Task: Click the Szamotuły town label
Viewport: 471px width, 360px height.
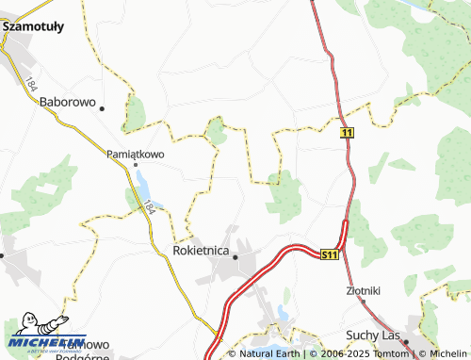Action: pos(33,27)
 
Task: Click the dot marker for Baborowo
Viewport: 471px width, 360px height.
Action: pos(100,106)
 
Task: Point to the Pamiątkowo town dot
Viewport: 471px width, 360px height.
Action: pos(135,165)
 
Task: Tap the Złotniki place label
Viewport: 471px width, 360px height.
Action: pos(363,290)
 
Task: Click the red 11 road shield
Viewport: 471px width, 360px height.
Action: pos(348,134)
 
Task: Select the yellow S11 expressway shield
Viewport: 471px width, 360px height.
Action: pos(329,254)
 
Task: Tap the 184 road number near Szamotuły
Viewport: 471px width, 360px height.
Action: pos(31,84)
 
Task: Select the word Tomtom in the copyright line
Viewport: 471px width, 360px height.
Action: pos(397,353)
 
